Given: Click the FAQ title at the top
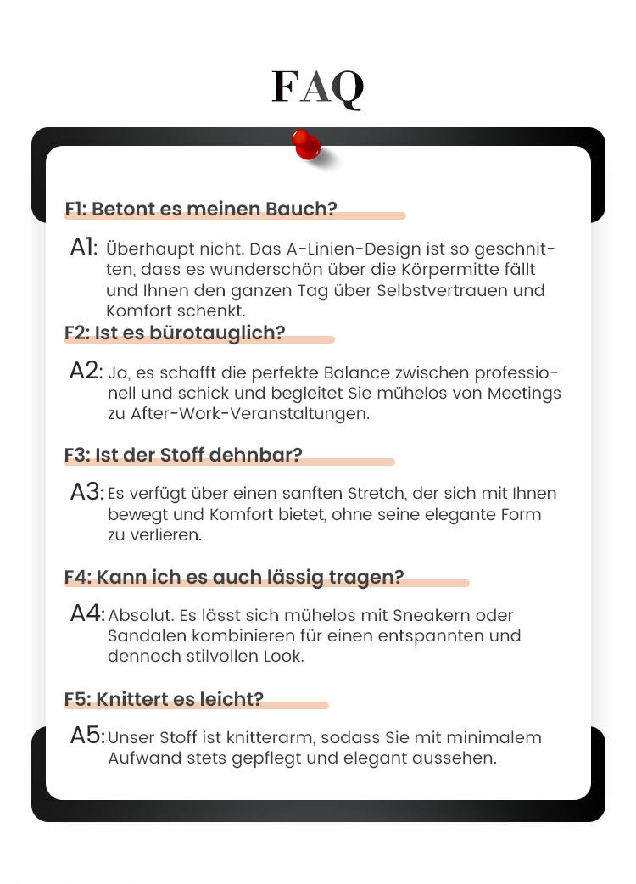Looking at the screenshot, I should [x=318, y=87].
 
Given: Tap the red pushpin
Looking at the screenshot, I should [x=306, y=144].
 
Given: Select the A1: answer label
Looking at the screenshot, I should [x=84, y=248].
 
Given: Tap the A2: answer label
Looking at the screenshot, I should [x=86, y=371].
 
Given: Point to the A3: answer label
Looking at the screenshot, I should [x=86, y=492].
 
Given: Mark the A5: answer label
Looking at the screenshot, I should [x=86, y=736].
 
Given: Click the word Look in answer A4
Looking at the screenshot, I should [x=285, y=656].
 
